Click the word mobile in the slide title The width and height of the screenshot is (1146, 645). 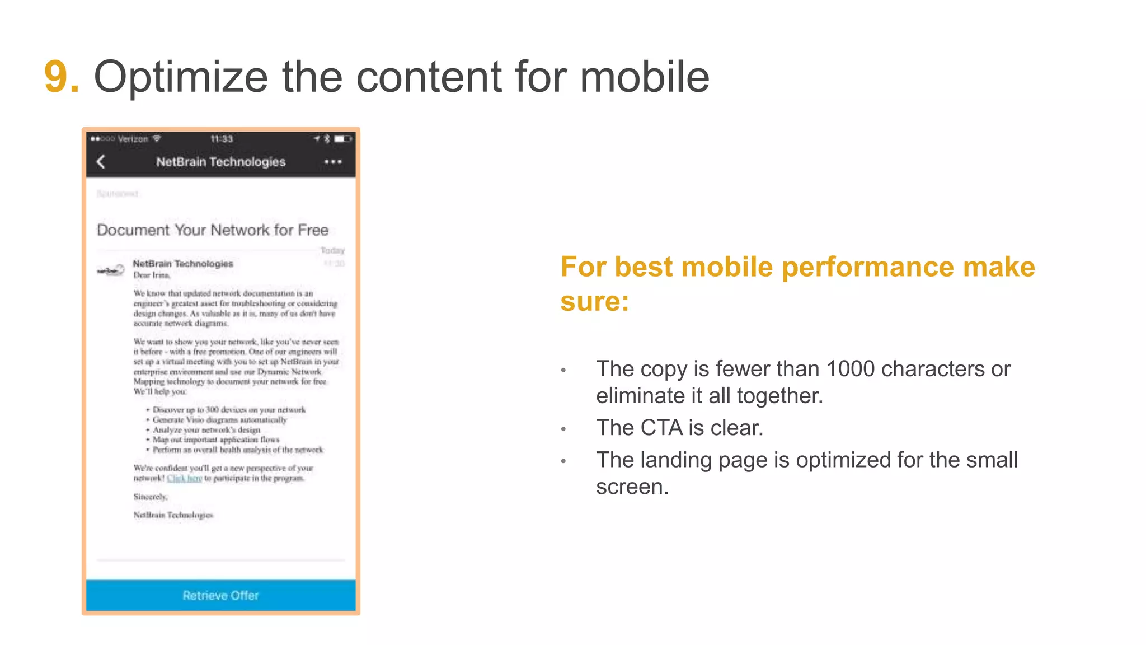coord(644,77)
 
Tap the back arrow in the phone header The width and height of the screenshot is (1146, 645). coord(101,162)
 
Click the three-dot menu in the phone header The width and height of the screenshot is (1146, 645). coord(333,162)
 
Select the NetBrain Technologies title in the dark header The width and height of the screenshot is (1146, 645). coord(220,162)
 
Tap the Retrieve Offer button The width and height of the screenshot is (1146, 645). coord(220,595)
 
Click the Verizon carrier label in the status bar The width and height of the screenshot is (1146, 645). coord(133,139)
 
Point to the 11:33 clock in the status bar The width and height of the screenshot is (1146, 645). coord(222,139)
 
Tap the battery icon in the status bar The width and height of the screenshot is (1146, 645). coord(342,139)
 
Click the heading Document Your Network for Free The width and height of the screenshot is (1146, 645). coord(213,230)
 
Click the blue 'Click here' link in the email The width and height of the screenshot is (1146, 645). coord(184,478)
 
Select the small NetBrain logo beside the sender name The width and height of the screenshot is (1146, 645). coord(111,270)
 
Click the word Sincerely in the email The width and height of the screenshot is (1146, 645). coord(150,497)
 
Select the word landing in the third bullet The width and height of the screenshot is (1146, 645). coord(676,460)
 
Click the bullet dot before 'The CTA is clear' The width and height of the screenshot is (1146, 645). coord(563,429)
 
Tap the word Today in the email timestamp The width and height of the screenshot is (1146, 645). coord(332,250)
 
